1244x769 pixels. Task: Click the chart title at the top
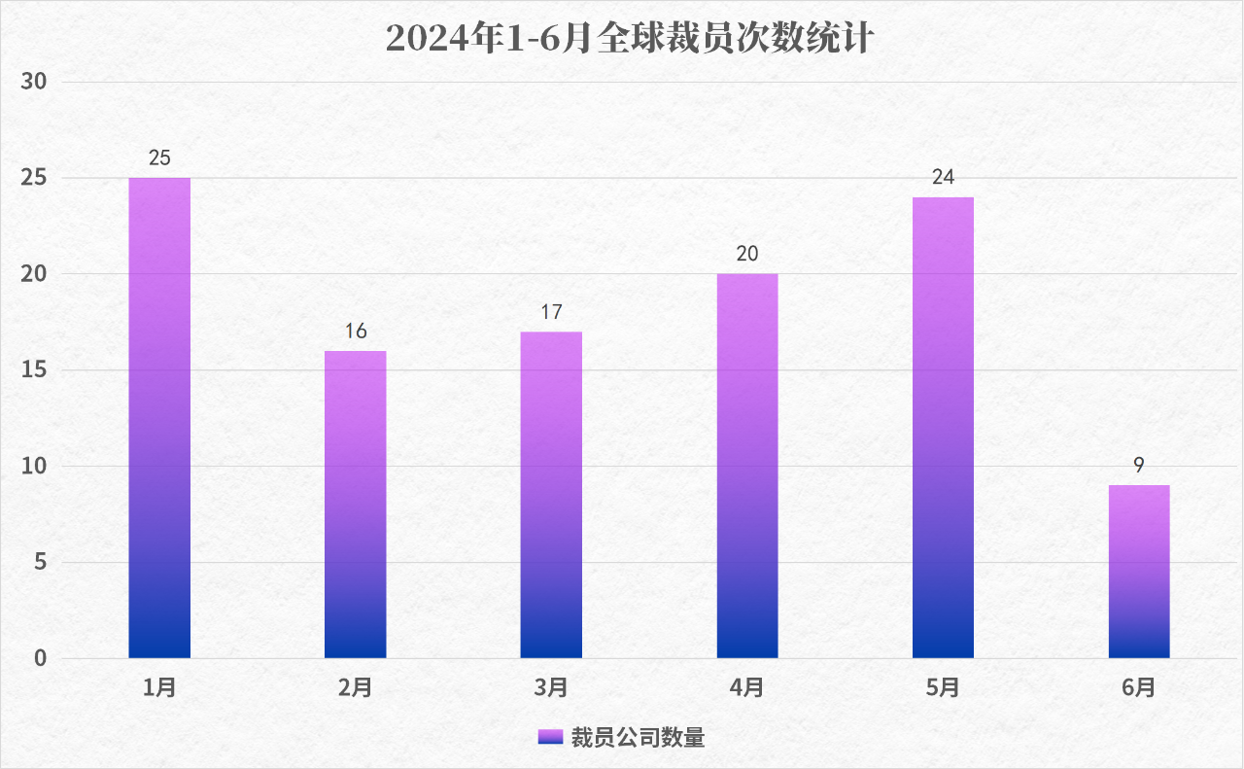[x=631, y=40]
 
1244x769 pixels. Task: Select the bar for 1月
[x=159, y=418]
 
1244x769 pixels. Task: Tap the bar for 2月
[x=356, y=505]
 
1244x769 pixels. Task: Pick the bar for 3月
[x=551, y=495]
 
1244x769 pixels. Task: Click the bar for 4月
[x=747, y=466]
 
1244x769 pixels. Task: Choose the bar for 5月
[x=943, y=428]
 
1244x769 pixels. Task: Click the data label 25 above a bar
[x=160, y=157]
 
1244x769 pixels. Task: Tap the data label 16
[x=356, y=332]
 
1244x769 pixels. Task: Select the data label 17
[x=551, y=312]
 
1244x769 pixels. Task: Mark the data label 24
[x=943, y=177]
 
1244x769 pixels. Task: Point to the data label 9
[x=1139, y=465]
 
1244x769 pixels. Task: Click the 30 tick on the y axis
[x=34, y=82]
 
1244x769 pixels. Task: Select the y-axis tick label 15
[x=34, y=370]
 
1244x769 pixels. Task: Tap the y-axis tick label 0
[x=40, y=658]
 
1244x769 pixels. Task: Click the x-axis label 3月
[x=551, y=688]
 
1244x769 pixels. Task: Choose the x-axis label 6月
[x=1139, y=688]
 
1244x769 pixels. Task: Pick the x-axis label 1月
[x=159, y=688]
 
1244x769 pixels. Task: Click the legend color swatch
[x=550, y=737]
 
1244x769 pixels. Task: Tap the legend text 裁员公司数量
[x=638, y=738]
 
